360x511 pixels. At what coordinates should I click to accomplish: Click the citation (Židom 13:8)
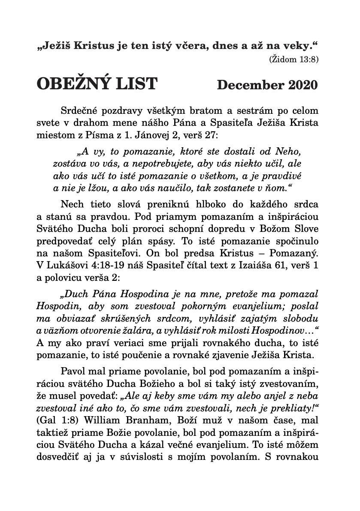(x=293, y=59)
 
